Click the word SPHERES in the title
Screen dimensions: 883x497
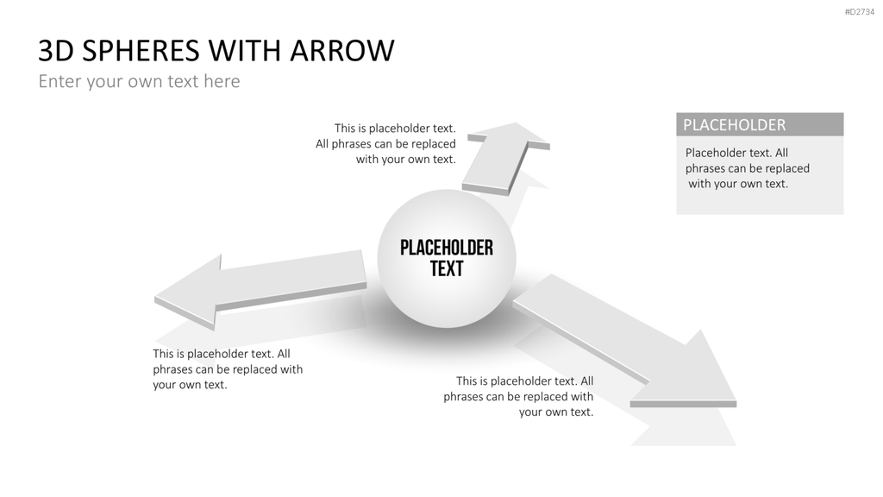[141, 50]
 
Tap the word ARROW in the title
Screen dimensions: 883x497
[342, 50]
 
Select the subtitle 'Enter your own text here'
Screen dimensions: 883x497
[139, 81]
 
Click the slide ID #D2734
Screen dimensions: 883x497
[860, 12]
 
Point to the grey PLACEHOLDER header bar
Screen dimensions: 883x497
[760, 124]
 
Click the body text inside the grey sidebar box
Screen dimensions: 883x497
[747, 168]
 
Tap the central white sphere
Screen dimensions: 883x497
[447, 259]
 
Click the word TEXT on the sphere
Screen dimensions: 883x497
[447, 269]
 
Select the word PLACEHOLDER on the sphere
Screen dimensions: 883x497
[447, 248]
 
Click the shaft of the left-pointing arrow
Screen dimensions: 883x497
[290, 279]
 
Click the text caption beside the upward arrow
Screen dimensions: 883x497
[385, 144]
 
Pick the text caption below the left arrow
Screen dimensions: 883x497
[228, 369]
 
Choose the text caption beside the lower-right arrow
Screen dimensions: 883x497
[518, 396]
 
